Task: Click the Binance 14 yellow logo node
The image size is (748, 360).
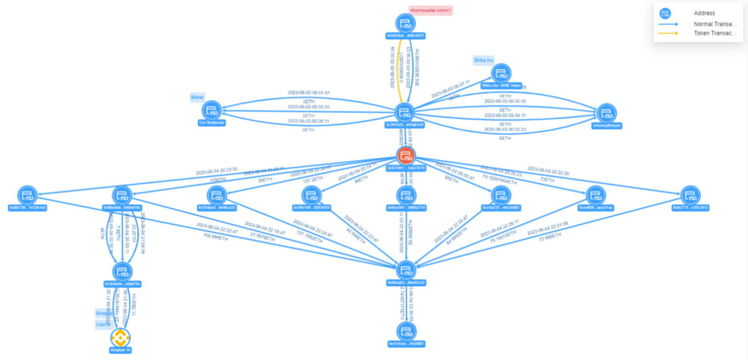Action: [120, 337]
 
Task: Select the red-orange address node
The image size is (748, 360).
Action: [406, 156]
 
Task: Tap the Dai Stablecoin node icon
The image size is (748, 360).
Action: [212, 110]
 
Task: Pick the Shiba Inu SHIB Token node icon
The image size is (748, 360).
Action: [501, 74]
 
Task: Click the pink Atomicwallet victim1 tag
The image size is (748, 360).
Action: [431, 10]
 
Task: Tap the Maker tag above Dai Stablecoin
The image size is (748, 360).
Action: [197, 97]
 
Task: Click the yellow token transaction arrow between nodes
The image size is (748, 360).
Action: [399, 70]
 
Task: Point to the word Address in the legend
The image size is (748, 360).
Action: [704, 13]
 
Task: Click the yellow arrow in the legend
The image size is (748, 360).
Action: [669, 33]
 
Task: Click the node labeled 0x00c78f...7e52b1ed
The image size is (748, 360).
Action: [27, 196]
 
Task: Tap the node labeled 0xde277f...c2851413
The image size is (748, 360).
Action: [690, 196]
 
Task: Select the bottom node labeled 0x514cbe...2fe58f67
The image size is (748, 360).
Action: [406, 333]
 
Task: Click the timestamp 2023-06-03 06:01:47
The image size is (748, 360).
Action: [309, 93]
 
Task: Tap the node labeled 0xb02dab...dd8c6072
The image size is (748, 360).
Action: [406, 24]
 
